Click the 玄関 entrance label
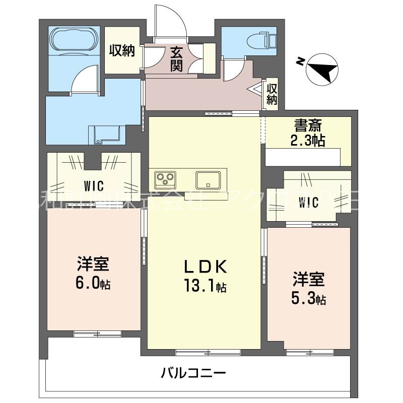[176, 59]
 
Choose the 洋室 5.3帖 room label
[309, 289]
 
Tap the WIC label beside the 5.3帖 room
[308, 203]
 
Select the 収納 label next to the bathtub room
[122, 50]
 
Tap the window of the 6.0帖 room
[97, 333]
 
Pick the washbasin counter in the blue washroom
[106, 134]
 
